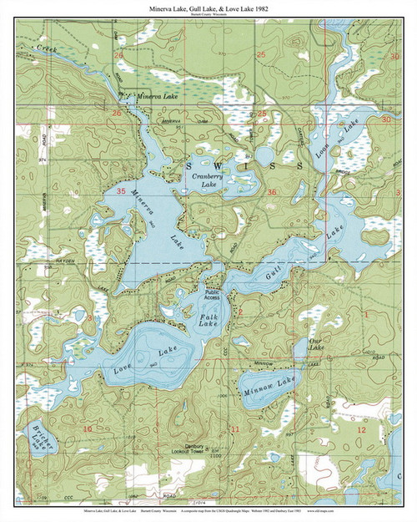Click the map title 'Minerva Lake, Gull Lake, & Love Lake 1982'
click(x=208, y=8)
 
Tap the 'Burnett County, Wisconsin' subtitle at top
click(x=208, y=15)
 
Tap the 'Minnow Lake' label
click(x=269, y=383)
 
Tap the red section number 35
click(x=122, y=192)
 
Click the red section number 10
click(x=87, y=428)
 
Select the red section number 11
click(x=234, y=429)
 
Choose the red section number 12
click(x=360, y=428)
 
